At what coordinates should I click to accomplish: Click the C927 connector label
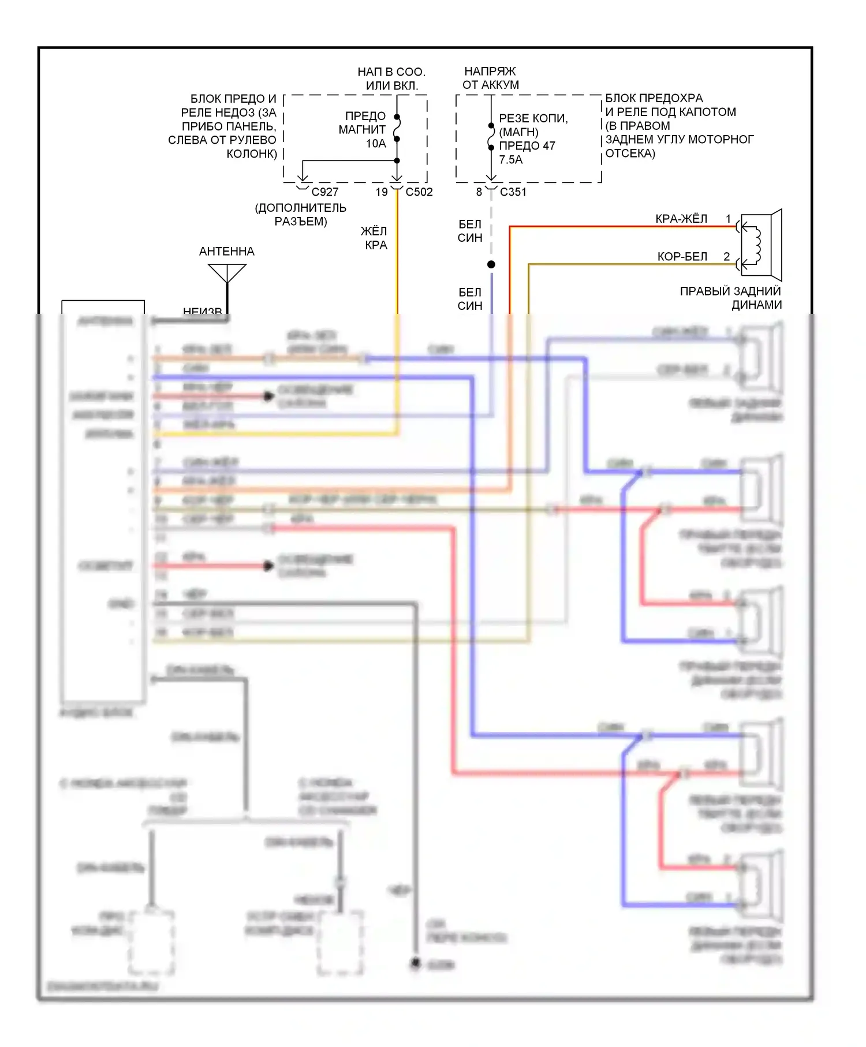[x=324, y=192]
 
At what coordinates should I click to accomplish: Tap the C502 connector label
[x=419, y=192]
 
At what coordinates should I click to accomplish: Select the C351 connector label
[x=513, y=192]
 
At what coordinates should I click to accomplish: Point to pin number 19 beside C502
[x=382, y=192]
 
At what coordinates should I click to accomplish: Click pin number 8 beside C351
[x=479, y=192]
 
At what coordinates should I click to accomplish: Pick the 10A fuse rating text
[x=376, y=143]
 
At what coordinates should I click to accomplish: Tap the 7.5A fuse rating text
[x=510, y=159]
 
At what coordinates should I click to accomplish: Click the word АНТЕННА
[x=226, y=251]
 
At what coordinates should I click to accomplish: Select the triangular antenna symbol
[x=227, y=273]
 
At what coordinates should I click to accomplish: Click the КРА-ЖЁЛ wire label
[x=681, y=219]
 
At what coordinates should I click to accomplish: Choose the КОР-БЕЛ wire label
[x=682, y=256]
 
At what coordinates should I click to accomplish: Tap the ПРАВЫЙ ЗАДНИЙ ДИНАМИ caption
[x=730, y=298]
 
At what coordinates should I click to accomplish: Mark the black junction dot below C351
[x=491, y=264]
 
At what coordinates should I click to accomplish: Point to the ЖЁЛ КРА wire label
[x=374, y=238]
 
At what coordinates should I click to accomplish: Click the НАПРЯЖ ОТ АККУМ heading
[x=490, y=78]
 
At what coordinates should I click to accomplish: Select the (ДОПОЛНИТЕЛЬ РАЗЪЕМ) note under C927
[x=300, y=214]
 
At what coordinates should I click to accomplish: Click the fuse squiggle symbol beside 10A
[x=397, y=128]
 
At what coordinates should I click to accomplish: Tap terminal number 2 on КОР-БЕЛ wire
[x=726, y=256]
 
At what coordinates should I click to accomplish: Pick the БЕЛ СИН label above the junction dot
[x=469, y=231]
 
